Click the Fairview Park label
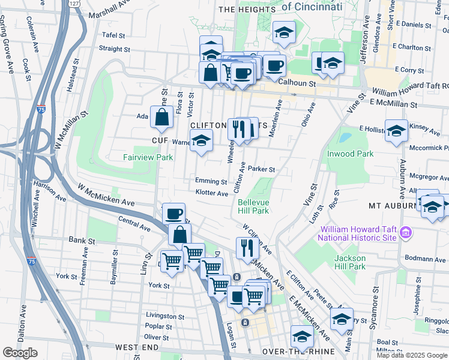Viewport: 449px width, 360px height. (148, 158)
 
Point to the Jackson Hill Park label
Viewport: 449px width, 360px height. (350, 262)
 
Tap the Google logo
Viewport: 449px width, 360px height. (20, 353)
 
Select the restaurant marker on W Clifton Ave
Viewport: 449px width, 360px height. (247, 247)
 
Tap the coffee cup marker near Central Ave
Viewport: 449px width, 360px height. (174, 214)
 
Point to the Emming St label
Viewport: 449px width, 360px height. (211, 181)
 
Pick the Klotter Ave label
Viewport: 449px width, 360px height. (212, 193)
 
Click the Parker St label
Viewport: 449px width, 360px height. (261, 170)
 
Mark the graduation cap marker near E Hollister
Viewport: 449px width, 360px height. (397, 130)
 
